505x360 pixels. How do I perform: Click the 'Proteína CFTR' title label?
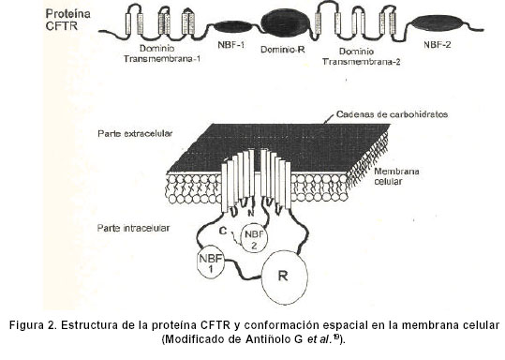click(x=67, y=20)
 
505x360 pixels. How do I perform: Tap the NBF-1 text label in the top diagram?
click(x=230, y=45)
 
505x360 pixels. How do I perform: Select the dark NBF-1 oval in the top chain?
click(x=231, y=27)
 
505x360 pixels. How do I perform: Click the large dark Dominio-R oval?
click(x=286, y=22)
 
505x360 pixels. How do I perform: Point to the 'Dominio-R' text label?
click(x=282, y=50)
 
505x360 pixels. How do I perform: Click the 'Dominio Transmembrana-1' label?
click(x=162, y=53)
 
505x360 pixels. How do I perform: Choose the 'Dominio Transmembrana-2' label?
click(x=361, y=56)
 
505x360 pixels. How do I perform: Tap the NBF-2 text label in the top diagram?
click(x=437, y=45)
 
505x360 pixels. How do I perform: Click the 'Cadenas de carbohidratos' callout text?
click(x=392, y=114)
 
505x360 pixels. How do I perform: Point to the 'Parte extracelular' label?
click(x=135, y=133)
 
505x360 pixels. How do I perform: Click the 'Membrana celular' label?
click(x=396, y=176)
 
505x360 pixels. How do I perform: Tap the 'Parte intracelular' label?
click(x=133, y=228)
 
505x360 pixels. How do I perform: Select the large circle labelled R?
click(x=284, y=277)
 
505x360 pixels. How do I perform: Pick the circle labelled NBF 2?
click(x=254, y=239)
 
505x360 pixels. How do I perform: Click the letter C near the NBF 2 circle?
click(x=223, y=231)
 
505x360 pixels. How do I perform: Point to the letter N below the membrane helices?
click(x=250, y=213)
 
